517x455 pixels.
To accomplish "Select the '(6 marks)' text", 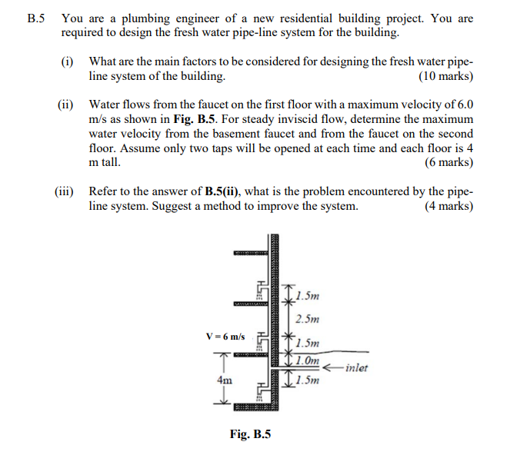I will [x=449, y=163].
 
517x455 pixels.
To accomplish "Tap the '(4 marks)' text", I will [x=449, y=207].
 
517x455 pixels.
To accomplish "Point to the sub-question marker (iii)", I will [x=65, y=191].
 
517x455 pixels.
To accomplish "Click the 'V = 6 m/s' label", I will [x=225, y=337].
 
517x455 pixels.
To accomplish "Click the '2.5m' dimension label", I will [x=307, y=319].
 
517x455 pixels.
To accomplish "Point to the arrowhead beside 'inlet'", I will [x=327, y=367].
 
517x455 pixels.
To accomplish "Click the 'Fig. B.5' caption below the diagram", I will [x=250, y=435].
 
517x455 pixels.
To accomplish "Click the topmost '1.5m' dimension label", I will [x=307, y=295].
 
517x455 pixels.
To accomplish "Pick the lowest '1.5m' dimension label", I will [x=307, y=380].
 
